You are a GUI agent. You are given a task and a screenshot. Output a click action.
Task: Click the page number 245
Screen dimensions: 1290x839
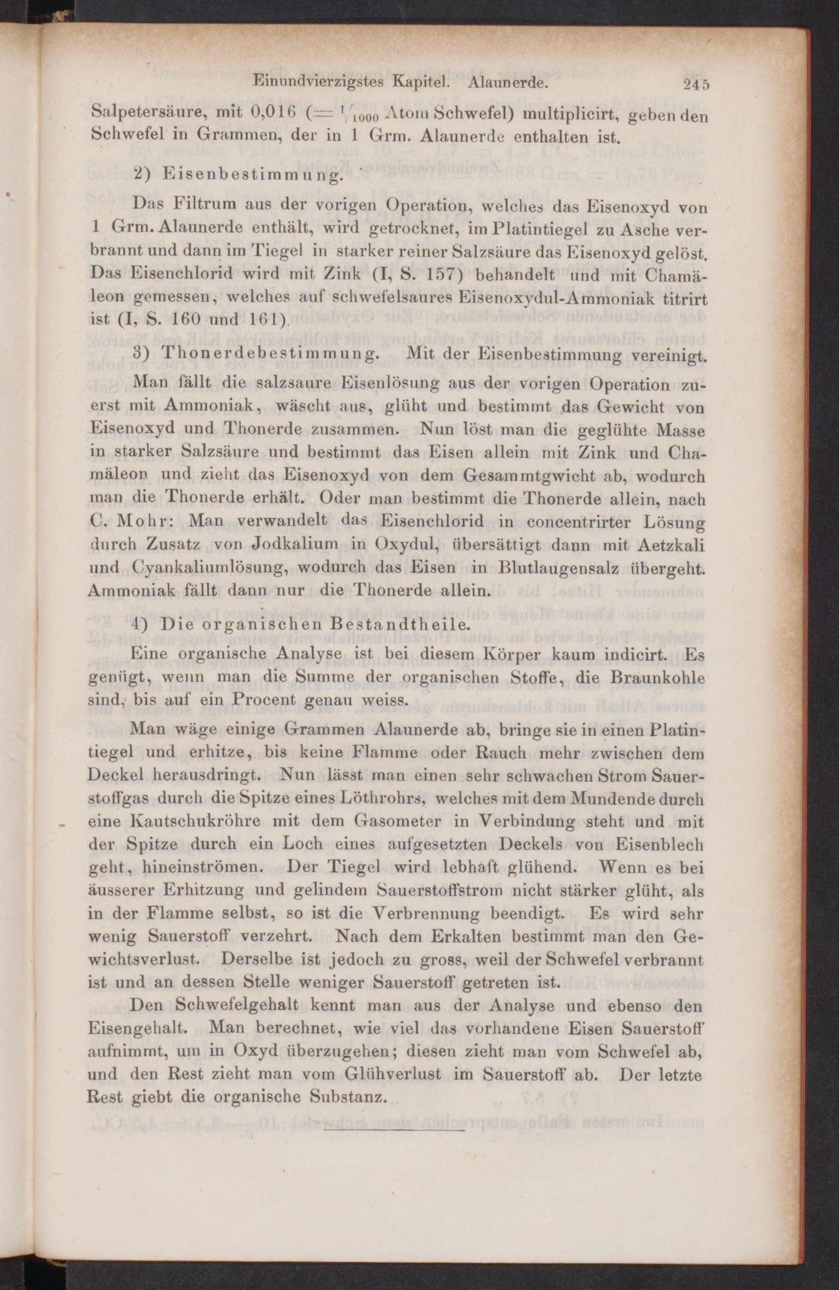tap(696, 85)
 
